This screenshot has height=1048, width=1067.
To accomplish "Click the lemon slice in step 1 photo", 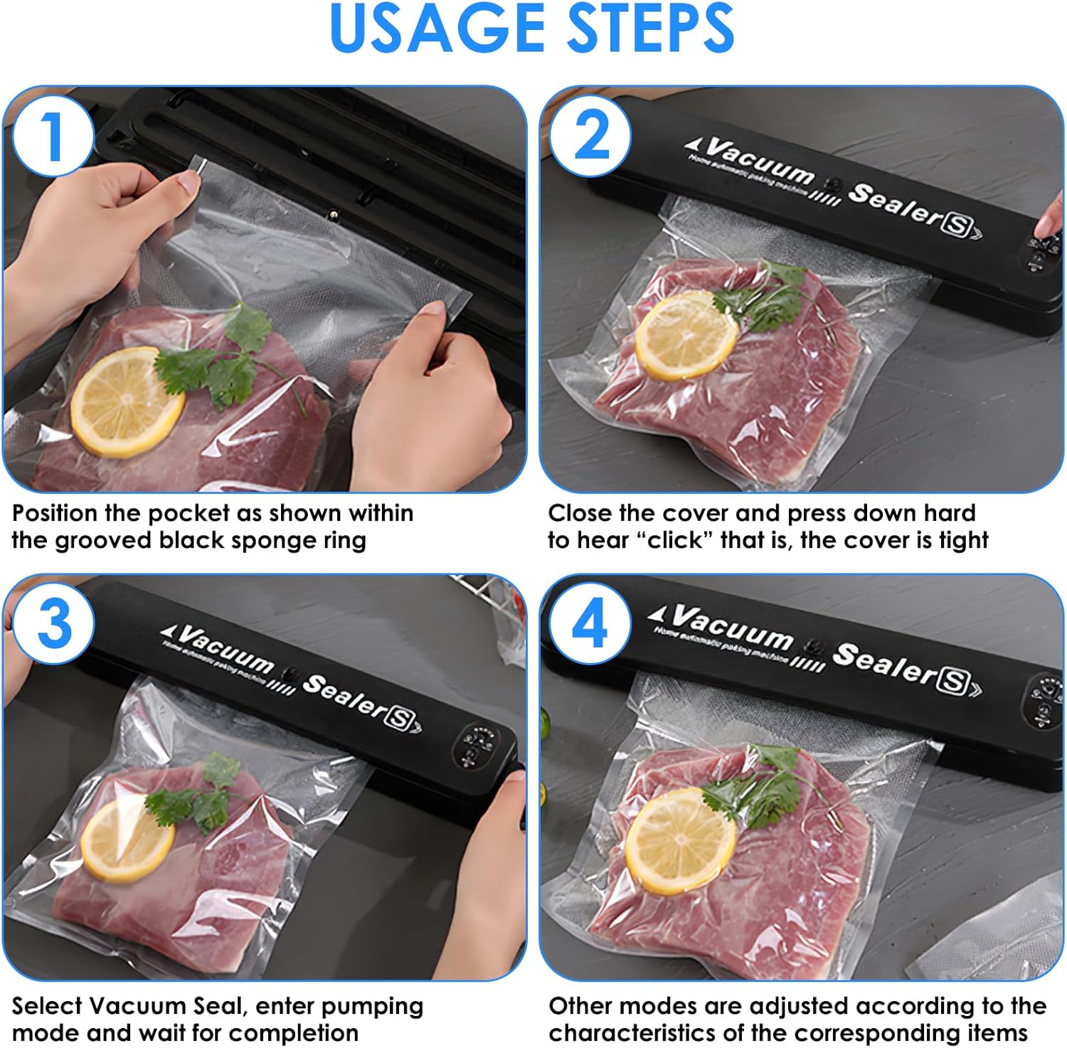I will pyautogui.click(x=127, y=402).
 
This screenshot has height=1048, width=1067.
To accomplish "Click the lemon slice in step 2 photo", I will pyautogui.click(x=686, y=335).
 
